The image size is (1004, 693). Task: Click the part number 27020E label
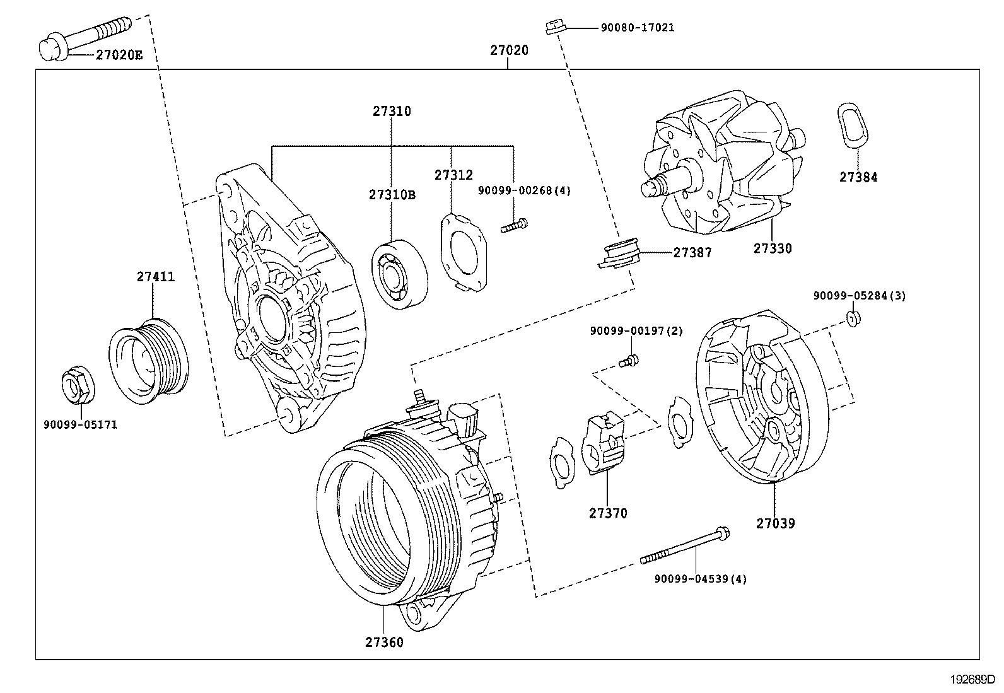[x=119, y=55]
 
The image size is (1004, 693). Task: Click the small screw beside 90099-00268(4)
[x=515, y=225]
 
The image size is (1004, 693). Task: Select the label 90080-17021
[x=637, y=28]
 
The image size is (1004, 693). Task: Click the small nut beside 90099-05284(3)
[x=854, y=318]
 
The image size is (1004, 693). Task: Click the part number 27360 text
[x=383, y=643]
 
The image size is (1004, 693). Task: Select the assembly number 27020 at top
[x=509, y=50]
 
